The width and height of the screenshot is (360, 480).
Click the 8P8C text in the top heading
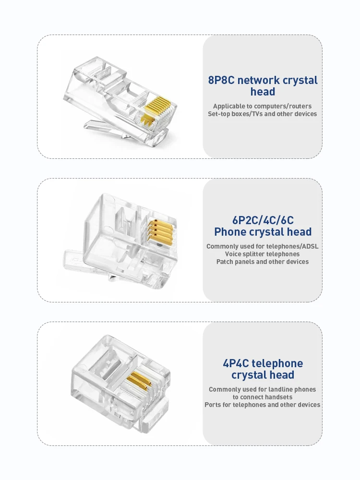221,80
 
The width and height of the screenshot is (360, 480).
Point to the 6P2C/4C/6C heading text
263,220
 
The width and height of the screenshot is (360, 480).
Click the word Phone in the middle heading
228,232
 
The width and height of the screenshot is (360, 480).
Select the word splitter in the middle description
252,254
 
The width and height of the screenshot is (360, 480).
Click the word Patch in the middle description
224,262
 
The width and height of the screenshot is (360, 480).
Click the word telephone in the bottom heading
277,364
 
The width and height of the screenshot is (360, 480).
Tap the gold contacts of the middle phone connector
160,232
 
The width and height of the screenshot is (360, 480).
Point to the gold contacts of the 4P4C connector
139,381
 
